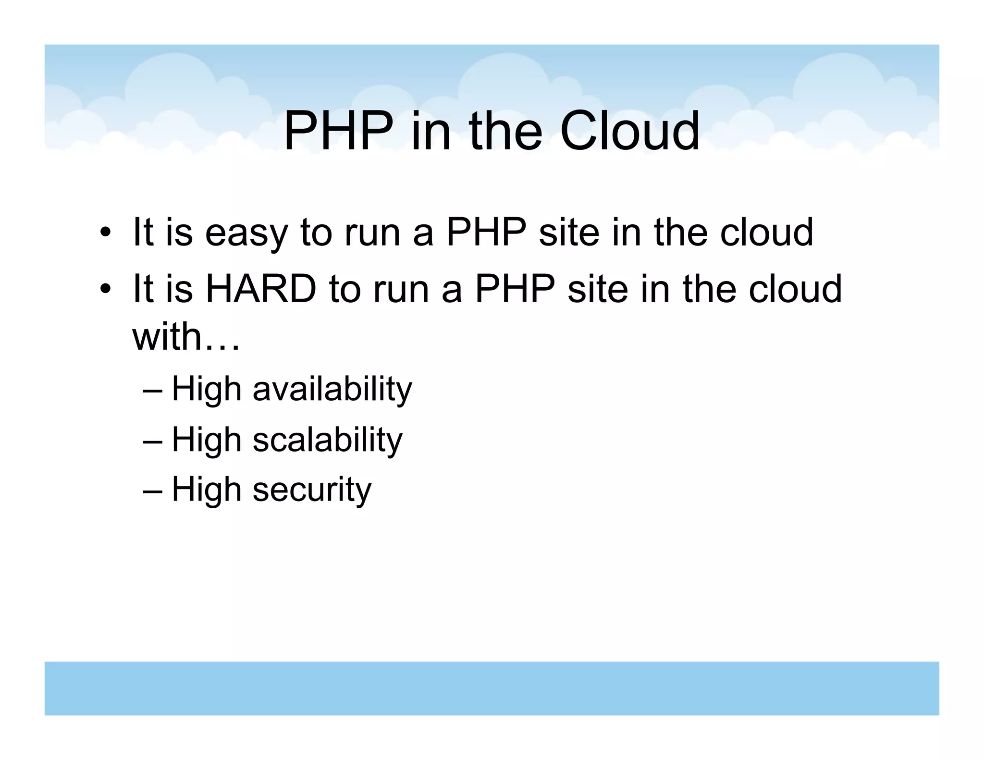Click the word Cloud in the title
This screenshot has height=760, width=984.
coord(629,131)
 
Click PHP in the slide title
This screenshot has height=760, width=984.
coord(338,131)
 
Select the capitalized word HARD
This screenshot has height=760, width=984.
coord(260,290)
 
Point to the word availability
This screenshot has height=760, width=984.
coord(332,389)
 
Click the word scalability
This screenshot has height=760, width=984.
coord(327,440)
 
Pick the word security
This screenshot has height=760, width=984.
coord(312,490)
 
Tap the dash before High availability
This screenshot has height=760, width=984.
coord(153,391)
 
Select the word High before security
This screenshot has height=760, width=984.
coord(207,490)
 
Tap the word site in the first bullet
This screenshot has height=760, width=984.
coord(569,233)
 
